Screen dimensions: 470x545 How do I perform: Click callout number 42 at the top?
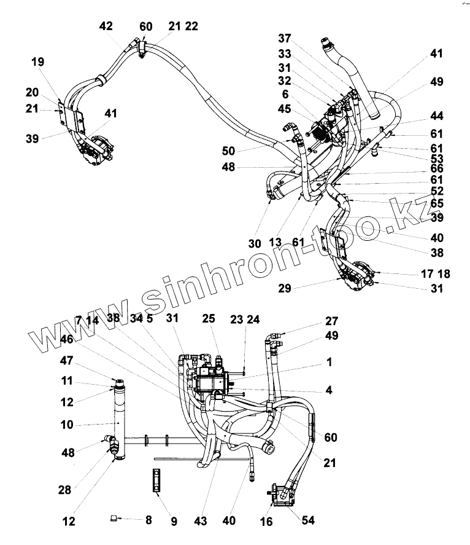click(106, 26)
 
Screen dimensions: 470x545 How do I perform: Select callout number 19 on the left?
click(38, 61)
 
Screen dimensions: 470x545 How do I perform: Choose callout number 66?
click(437, 168)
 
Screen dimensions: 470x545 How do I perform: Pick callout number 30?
click(255, 243)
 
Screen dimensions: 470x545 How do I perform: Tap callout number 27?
click(332, 321)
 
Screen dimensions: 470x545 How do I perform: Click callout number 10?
click(66, 425)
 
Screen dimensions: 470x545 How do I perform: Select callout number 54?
click(307, 521)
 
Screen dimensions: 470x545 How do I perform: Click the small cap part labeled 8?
click(114, 519)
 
